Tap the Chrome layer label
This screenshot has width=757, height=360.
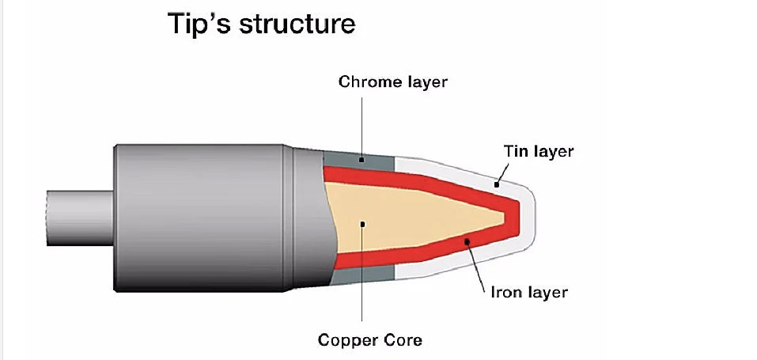tap(392, 81)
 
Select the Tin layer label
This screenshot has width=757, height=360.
tap(538, 151)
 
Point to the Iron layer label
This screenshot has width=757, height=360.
tap(528, 292)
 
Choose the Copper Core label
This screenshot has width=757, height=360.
tap(369, 340)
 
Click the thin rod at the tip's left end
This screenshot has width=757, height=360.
tap(79, 213)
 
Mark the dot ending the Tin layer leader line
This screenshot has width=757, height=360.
tap(497, 184)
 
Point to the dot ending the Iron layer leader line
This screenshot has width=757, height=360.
tap(467, 241)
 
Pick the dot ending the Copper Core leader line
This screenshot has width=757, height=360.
tap(362, 224)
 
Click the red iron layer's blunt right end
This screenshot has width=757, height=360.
tap(513, 214)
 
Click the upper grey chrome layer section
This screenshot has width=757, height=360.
tap(372, 159)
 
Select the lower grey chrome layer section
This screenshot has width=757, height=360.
tap(348, 275)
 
